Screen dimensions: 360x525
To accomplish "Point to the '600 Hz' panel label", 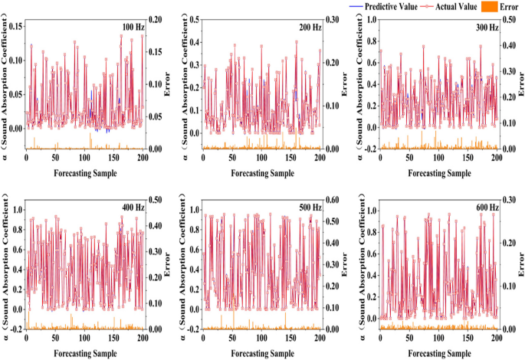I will (x=483, y=208).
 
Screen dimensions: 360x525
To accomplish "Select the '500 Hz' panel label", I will (x=310, y=208).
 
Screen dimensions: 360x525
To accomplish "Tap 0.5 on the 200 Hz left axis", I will (x=194, y=18).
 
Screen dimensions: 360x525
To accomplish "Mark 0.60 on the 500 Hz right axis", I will (x=335, y=199).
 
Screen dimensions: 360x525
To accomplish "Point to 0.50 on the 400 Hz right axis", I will (x=158, y=199).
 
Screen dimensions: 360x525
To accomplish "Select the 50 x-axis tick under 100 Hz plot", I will (x=55, y=158).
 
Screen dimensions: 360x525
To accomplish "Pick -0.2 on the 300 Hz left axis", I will (x=370, y=149).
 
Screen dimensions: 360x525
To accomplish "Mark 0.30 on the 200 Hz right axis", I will (x=335, y=18).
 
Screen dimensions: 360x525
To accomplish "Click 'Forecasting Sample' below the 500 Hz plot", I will (x=262, y=351).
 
